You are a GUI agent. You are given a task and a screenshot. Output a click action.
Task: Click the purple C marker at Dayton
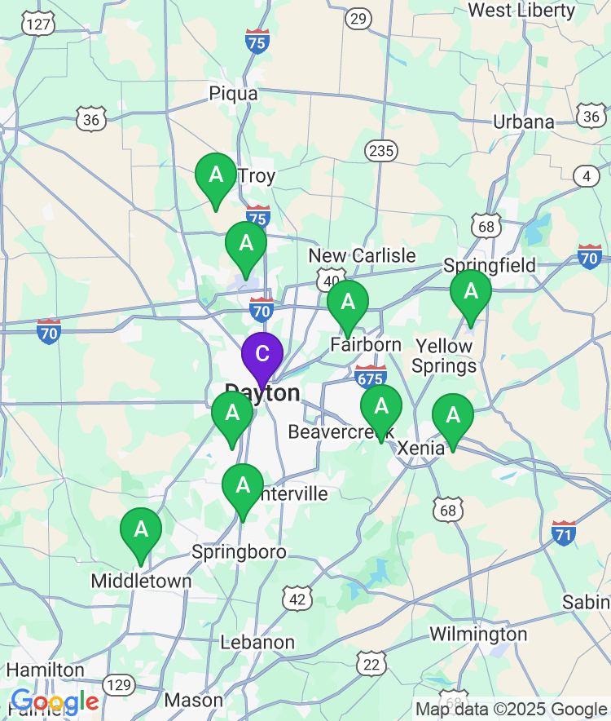pyautogui.click(x=262, y=355)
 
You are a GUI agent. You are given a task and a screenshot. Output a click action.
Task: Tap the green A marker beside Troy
pyautogui.click(x=216, y=175)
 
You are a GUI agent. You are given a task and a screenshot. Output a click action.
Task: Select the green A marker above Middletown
pyautogui.click(x=141, y=529)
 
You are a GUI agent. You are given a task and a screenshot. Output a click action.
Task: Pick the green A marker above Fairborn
pyautogui.click(x=348, y=303)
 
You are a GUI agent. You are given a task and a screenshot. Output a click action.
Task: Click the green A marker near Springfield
pyautogui.click(x=471, y=291)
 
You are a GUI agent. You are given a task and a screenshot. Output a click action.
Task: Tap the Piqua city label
pyautogui.click(x=233, y=93)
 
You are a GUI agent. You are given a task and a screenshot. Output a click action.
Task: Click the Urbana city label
pyautogui.click(x=523, y=122)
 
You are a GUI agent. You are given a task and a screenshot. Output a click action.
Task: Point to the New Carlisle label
pyautogui.click(x=362, y=256)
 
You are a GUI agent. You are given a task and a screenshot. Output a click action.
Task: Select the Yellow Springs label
pyautogui.click(x=443, y=356)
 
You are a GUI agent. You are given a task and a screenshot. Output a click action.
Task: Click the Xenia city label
pyautogui.click(x=421, y=448)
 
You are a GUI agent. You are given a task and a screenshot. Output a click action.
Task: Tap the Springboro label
pyautogui.click(x=239, y=552)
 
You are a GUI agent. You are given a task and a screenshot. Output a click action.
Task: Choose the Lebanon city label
pyautogui.click(x=257, y=643)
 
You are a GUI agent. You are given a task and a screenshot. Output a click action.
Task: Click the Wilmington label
pyautogui.click(x=478, y=634)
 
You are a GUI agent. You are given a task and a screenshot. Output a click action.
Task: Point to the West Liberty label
pyautogui.click(x=533, y=11)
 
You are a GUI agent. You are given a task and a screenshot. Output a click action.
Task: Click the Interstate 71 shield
pyautogui.click(x=563, y=533)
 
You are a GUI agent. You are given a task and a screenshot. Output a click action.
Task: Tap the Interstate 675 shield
pyautogui.click(x=371, y=376)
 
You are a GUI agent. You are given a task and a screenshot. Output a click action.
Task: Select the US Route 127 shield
pyautogui.click(x=38, y=24)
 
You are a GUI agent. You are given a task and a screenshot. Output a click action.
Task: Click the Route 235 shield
pyautogui.click(x=380, y=151)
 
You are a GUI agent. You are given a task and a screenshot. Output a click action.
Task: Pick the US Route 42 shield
pyautogui.click(x=297, y=599)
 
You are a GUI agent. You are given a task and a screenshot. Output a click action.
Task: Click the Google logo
pyautogui.click(x=55, y=701)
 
